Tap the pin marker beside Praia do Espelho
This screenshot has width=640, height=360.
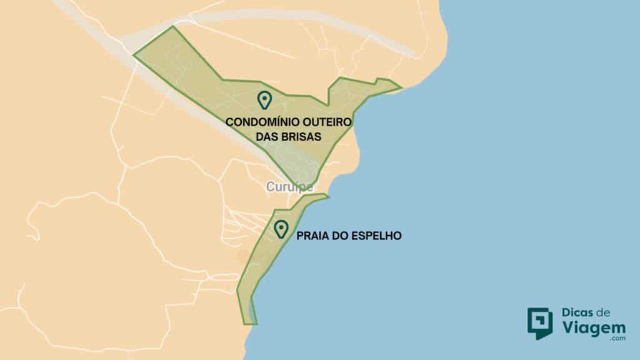click(x=281, y=229)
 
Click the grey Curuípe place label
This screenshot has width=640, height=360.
click(x=289, y=186)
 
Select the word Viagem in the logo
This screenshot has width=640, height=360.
click(x=591, y=326)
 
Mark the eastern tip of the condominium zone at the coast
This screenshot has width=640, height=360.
click(x=401, y=87)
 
